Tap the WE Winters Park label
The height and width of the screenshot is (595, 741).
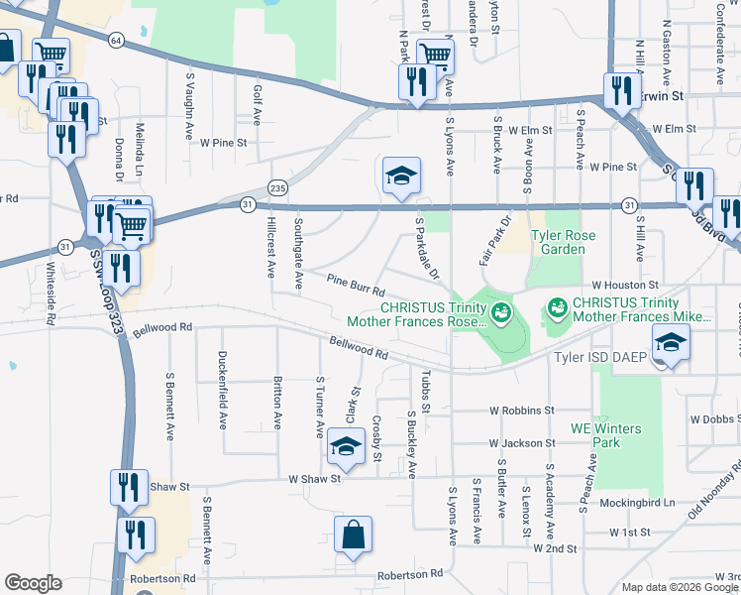pyautogui.click(x=605, y=435)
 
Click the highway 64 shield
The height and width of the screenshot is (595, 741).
pyautogui.click(x=117, y=40)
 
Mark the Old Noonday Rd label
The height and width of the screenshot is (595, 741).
pyautogui.click(x=711, y=486)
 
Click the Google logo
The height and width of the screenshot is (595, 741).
pyautogui.click(x=33, y=583)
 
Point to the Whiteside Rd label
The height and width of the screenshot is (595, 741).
pyautogui.click(x=51, y=294)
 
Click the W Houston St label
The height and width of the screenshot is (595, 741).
pyautogui.click(x=625, y=286)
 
